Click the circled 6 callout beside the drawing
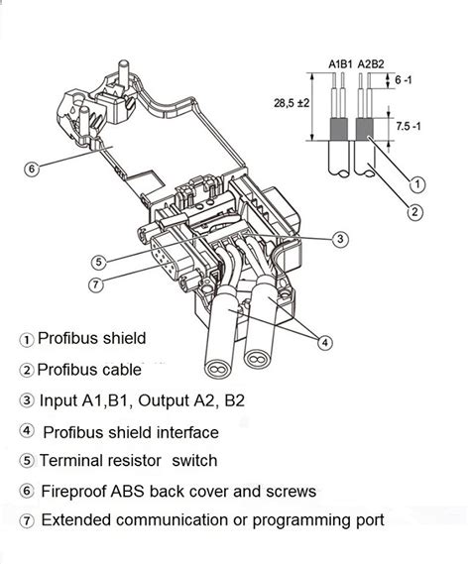coord(31,169)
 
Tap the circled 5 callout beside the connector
coord(98,263)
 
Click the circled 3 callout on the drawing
coord(340,238)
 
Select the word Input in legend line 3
coord(59,401)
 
